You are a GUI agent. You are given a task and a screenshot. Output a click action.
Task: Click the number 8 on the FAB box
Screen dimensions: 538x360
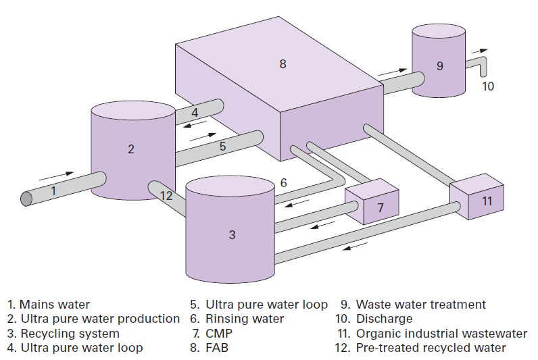pos(283,63)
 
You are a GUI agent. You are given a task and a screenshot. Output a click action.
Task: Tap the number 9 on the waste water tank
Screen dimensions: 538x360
pos(440,66)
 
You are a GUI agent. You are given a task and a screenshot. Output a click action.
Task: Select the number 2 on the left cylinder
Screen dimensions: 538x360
pos(130,149)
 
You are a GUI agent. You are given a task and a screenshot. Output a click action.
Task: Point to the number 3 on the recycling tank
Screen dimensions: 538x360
pos(233,234)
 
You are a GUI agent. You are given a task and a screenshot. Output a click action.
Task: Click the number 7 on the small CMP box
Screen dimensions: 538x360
pos(380,207)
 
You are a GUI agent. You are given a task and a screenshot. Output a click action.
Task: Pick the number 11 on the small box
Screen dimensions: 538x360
pos(487,201)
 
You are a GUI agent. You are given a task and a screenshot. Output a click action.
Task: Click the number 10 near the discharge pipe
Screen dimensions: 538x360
pos(488,86)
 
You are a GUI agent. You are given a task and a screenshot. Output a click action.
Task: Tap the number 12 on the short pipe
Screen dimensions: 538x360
pos(166,195)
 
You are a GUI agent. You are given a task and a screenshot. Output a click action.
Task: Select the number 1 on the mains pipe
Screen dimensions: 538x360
pos(53,190)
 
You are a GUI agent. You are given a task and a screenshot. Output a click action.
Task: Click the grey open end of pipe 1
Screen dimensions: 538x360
pos(26,199)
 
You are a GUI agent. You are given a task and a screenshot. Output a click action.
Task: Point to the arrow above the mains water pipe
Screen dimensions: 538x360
pos(57,176)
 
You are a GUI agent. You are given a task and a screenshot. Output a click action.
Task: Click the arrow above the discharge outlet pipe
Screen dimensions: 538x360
pos(480,51)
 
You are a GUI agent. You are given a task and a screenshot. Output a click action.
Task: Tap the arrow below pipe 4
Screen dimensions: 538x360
pos(195,124)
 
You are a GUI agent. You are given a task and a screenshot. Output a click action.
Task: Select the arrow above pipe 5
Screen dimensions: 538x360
pos(203,137)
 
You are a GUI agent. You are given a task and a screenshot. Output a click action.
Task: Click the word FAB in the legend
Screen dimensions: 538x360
pos(217,348)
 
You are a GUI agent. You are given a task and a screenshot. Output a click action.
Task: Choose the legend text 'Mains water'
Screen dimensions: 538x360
pos(55,305)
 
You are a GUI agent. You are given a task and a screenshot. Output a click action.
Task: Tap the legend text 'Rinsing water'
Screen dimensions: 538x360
pos(245,319)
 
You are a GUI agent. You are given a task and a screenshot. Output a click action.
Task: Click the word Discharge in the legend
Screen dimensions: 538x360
pos(385,319)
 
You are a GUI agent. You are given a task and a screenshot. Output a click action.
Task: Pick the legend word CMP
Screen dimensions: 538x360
pos(219,333)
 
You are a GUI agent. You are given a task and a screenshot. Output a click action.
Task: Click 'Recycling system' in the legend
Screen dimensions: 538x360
pos(70,333)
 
